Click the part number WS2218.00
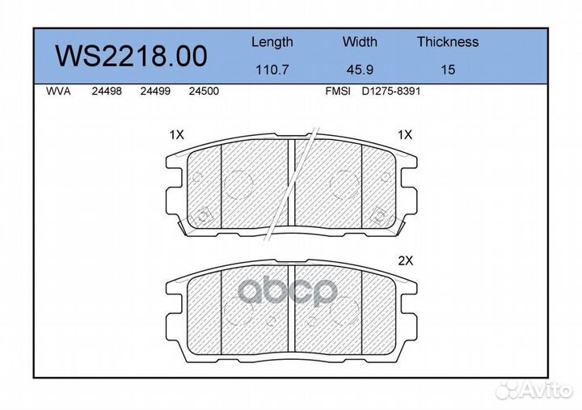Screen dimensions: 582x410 point(131,56)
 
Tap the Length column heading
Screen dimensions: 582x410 point(272,43)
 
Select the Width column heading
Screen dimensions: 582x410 point(360,41)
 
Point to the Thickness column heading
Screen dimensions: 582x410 point(448,41)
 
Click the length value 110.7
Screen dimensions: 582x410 point(272,70)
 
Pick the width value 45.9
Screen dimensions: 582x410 point(360,70)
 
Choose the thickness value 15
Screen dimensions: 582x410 point(448,70)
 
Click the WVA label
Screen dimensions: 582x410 point(58,91)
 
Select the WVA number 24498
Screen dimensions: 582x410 point(107,91)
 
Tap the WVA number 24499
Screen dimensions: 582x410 point(155,91)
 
